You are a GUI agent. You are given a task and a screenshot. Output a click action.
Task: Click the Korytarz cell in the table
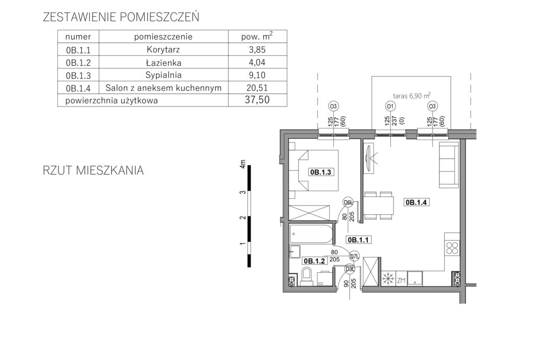(163, 50)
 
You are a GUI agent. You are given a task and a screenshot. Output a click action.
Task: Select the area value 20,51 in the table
(257, 88)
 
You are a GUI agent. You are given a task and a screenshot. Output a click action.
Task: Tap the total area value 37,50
(257, 100)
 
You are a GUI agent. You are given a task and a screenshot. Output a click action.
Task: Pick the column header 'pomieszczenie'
(163, 37)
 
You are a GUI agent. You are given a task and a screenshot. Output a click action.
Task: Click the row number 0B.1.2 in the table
(78, 63)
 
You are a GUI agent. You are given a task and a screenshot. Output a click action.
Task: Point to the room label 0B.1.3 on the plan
(320, 172)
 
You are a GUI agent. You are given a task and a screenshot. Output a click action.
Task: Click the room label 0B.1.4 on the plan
(416, 202)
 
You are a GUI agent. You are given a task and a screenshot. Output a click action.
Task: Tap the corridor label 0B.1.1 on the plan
(358, 239)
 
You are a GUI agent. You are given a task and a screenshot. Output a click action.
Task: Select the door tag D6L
(347, 203)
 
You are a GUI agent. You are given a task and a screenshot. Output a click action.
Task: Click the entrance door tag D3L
(350, 269)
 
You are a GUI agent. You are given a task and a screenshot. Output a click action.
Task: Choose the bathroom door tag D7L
(355, 256)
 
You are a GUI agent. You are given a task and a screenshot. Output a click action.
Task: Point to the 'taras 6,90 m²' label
(412, 96)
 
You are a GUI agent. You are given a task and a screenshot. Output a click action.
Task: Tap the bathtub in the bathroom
(311, 234)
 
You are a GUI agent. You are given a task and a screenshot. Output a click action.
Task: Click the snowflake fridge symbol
(388, 279)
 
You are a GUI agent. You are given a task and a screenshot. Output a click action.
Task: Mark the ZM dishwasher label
(401, 281)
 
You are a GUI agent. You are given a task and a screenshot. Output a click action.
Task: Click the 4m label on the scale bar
(242, 164)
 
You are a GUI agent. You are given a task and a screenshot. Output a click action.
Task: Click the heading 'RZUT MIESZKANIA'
(93, 170)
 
